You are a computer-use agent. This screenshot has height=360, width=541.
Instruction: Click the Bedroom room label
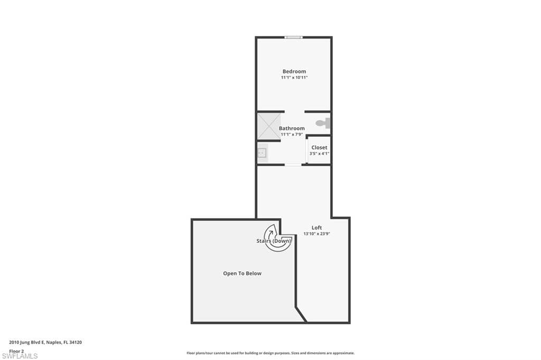[294, 71]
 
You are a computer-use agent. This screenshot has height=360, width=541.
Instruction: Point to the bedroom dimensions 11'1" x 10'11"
[294, 78]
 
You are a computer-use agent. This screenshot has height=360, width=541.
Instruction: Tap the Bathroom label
[292, 128]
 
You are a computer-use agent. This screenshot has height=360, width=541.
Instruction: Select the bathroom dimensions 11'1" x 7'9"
[292, 135]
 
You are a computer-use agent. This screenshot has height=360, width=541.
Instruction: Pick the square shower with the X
[269, 126]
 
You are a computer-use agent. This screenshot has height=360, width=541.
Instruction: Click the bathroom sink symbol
[262, 153]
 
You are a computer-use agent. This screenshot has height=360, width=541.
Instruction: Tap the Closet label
[319, 147]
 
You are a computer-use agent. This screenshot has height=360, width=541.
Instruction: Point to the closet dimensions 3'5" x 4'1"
[319, 154]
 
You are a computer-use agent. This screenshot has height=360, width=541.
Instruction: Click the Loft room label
[316, 228]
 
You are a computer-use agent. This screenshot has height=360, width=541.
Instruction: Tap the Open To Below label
[242, 273]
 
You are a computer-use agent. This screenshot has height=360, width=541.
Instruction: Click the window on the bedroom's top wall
[293, 37]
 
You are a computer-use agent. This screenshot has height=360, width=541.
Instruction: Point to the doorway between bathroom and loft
[293, 165]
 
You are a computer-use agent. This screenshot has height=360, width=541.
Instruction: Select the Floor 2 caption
[16, 350]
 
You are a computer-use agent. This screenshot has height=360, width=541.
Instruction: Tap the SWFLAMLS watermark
[20, 356]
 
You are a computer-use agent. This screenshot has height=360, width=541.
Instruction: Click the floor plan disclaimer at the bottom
[270, 353]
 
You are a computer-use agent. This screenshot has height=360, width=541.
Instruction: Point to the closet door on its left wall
[309, 150]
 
